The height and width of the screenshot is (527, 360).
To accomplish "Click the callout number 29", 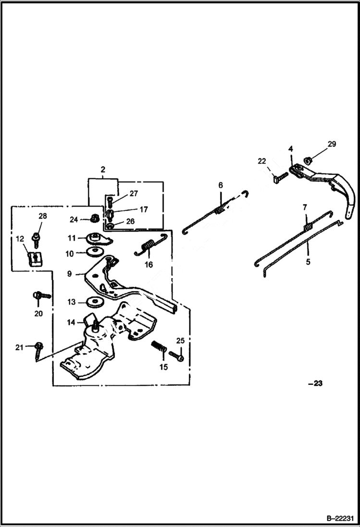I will tap(332, 144).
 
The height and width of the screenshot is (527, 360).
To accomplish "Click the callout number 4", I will tap(291, 149).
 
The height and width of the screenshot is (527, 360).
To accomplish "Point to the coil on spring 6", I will tap(220, 209).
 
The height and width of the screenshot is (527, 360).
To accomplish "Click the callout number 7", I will tap(304, 207).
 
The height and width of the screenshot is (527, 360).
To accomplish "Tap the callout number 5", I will tap(308, 262).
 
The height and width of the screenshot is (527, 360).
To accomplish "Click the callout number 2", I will tap(103, 170).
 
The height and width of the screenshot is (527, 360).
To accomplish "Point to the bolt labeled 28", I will tap(36, 237).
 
